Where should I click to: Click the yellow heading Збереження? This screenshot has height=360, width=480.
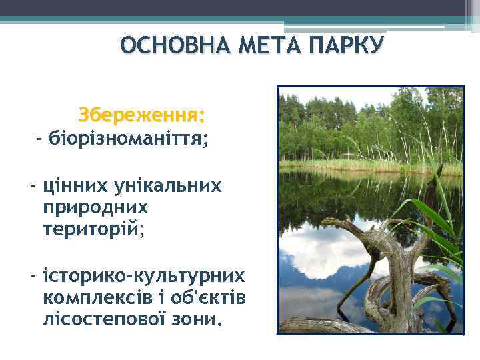tap(141, 115)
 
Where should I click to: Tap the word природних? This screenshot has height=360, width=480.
tap(95, 207)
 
